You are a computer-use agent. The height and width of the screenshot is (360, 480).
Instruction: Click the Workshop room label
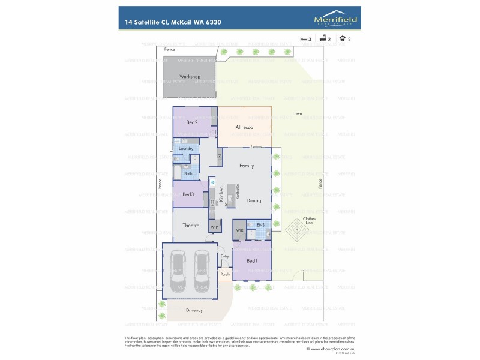[190, 77]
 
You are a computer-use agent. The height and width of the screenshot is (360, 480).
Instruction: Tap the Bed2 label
[192, 122]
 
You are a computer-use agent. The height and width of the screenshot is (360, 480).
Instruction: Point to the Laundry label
[185, 148]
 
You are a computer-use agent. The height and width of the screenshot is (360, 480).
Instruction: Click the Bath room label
[188, 173]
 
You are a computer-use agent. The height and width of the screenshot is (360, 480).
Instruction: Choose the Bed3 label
[188, 194]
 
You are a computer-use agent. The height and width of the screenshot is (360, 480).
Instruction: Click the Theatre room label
[191, 225]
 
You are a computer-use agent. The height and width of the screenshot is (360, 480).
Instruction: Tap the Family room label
[247, 166]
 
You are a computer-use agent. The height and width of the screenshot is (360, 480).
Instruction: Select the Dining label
[254, 200]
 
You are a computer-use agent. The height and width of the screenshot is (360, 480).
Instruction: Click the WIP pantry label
[214, 227]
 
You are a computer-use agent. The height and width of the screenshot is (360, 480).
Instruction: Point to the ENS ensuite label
[260, 225]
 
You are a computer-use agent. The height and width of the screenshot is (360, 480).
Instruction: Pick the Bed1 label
[252, 260]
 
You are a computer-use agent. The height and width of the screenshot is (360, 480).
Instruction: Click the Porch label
[225, 274]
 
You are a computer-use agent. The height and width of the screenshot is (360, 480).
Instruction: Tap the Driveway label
[194, 310]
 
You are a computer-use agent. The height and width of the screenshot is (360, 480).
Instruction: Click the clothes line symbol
[298, 229]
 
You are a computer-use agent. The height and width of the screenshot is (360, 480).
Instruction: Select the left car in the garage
[178, 267]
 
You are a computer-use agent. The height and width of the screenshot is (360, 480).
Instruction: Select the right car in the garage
[202, 267]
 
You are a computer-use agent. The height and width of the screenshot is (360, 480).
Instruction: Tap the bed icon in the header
[304, 39]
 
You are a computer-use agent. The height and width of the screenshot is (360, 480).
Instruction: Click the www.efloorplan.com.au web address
[332, 348]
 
